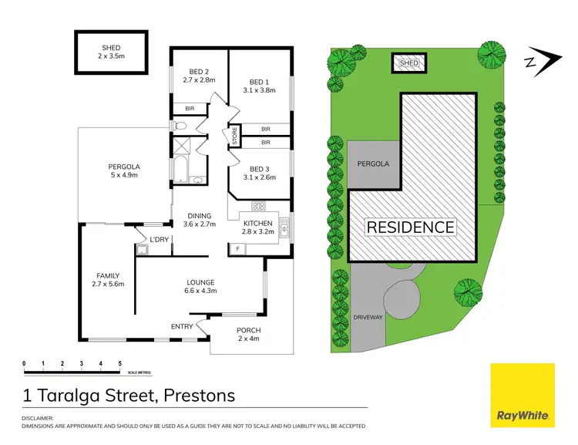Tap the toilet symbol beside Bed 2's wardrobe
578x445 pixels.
pos(179,125)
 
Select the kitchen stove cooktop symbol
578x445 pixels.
pos(259,206)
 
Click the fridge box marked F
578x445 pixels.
pos(238,248)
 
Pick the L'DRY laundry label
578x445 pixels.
pos(159,240)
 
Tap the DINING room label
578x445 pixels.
pos(200,216)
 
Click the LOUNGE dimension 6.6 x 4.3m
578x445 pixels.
pos(200,291)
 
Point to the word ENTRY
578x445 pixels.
pos(182,326)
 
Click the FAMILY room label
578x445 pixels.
pos(108,275)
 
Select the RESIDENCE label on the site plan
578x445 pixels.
pos(410,228)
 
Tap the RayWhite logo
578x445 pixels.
pos(523,394)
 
